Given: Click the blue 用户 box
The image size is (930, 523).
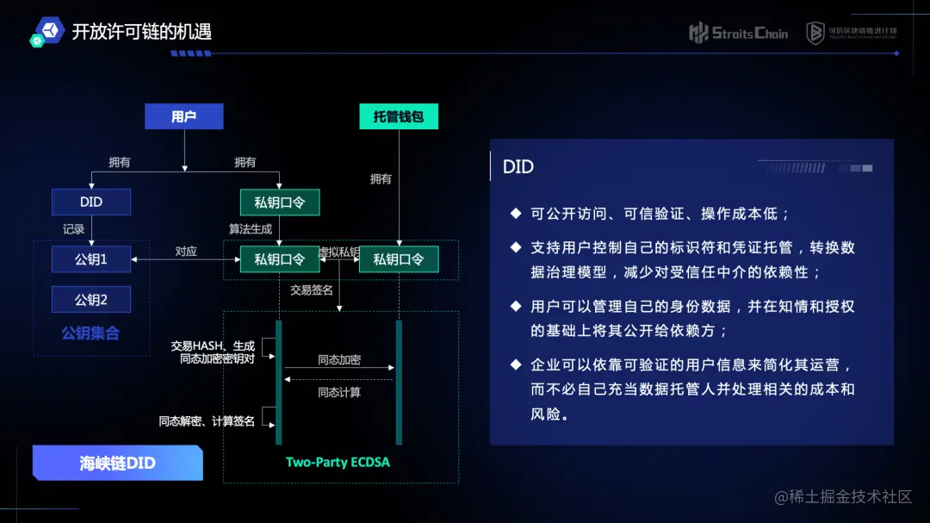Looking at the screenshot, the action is [x=183, y=116].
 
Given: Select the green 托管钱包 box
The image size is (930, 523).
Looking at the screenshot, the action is [x=399, y=116].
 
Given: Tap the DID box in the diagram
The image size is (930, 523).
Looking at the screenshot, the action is [x=91, y=202].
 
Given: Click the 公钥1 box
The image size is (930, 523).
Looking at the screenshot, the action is [x=91, y=258].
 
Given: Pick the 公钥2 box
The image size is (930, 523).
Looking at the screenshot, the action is [x=91, y=300].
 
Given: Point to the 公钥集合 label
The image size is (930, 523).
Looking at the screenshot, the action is [x=90, y=333].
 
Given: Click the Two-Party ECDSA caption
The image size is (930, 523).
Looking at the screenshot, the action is [x=338, y=462].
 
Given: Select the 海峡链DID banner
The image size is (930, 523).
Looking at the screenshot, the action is [x=118, y=463].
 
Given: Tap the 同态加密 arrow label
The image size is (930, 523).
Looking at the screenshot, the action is [x=339, y=359].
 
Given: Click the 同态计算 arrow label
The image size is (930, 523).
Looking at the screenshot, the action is [x=339, y=392].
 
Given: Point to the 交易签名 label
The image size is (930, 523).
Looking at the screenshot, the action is [x=312, y=290].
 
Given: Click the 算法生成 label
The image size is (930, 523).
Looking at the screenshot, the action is [x=251, y=229].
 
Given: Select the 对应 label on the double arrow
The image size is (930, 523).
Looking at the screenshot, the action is [x=186, y=252].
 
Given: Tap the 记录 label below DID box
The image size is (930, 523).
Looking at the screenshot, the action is [x=74, y=229].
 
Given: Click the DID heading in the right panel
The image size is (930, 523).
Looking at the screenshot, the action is [x=518, y=167].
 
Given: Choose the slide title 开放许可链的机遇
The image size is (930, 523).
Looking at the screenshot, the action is [x=141, y=33].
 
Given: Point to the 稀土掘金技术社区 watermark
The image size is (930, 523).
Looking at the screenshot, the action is [x=843, y=497].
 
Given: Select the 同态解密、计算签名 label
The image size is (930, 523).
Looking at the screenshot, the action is [x=207, y=421].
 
